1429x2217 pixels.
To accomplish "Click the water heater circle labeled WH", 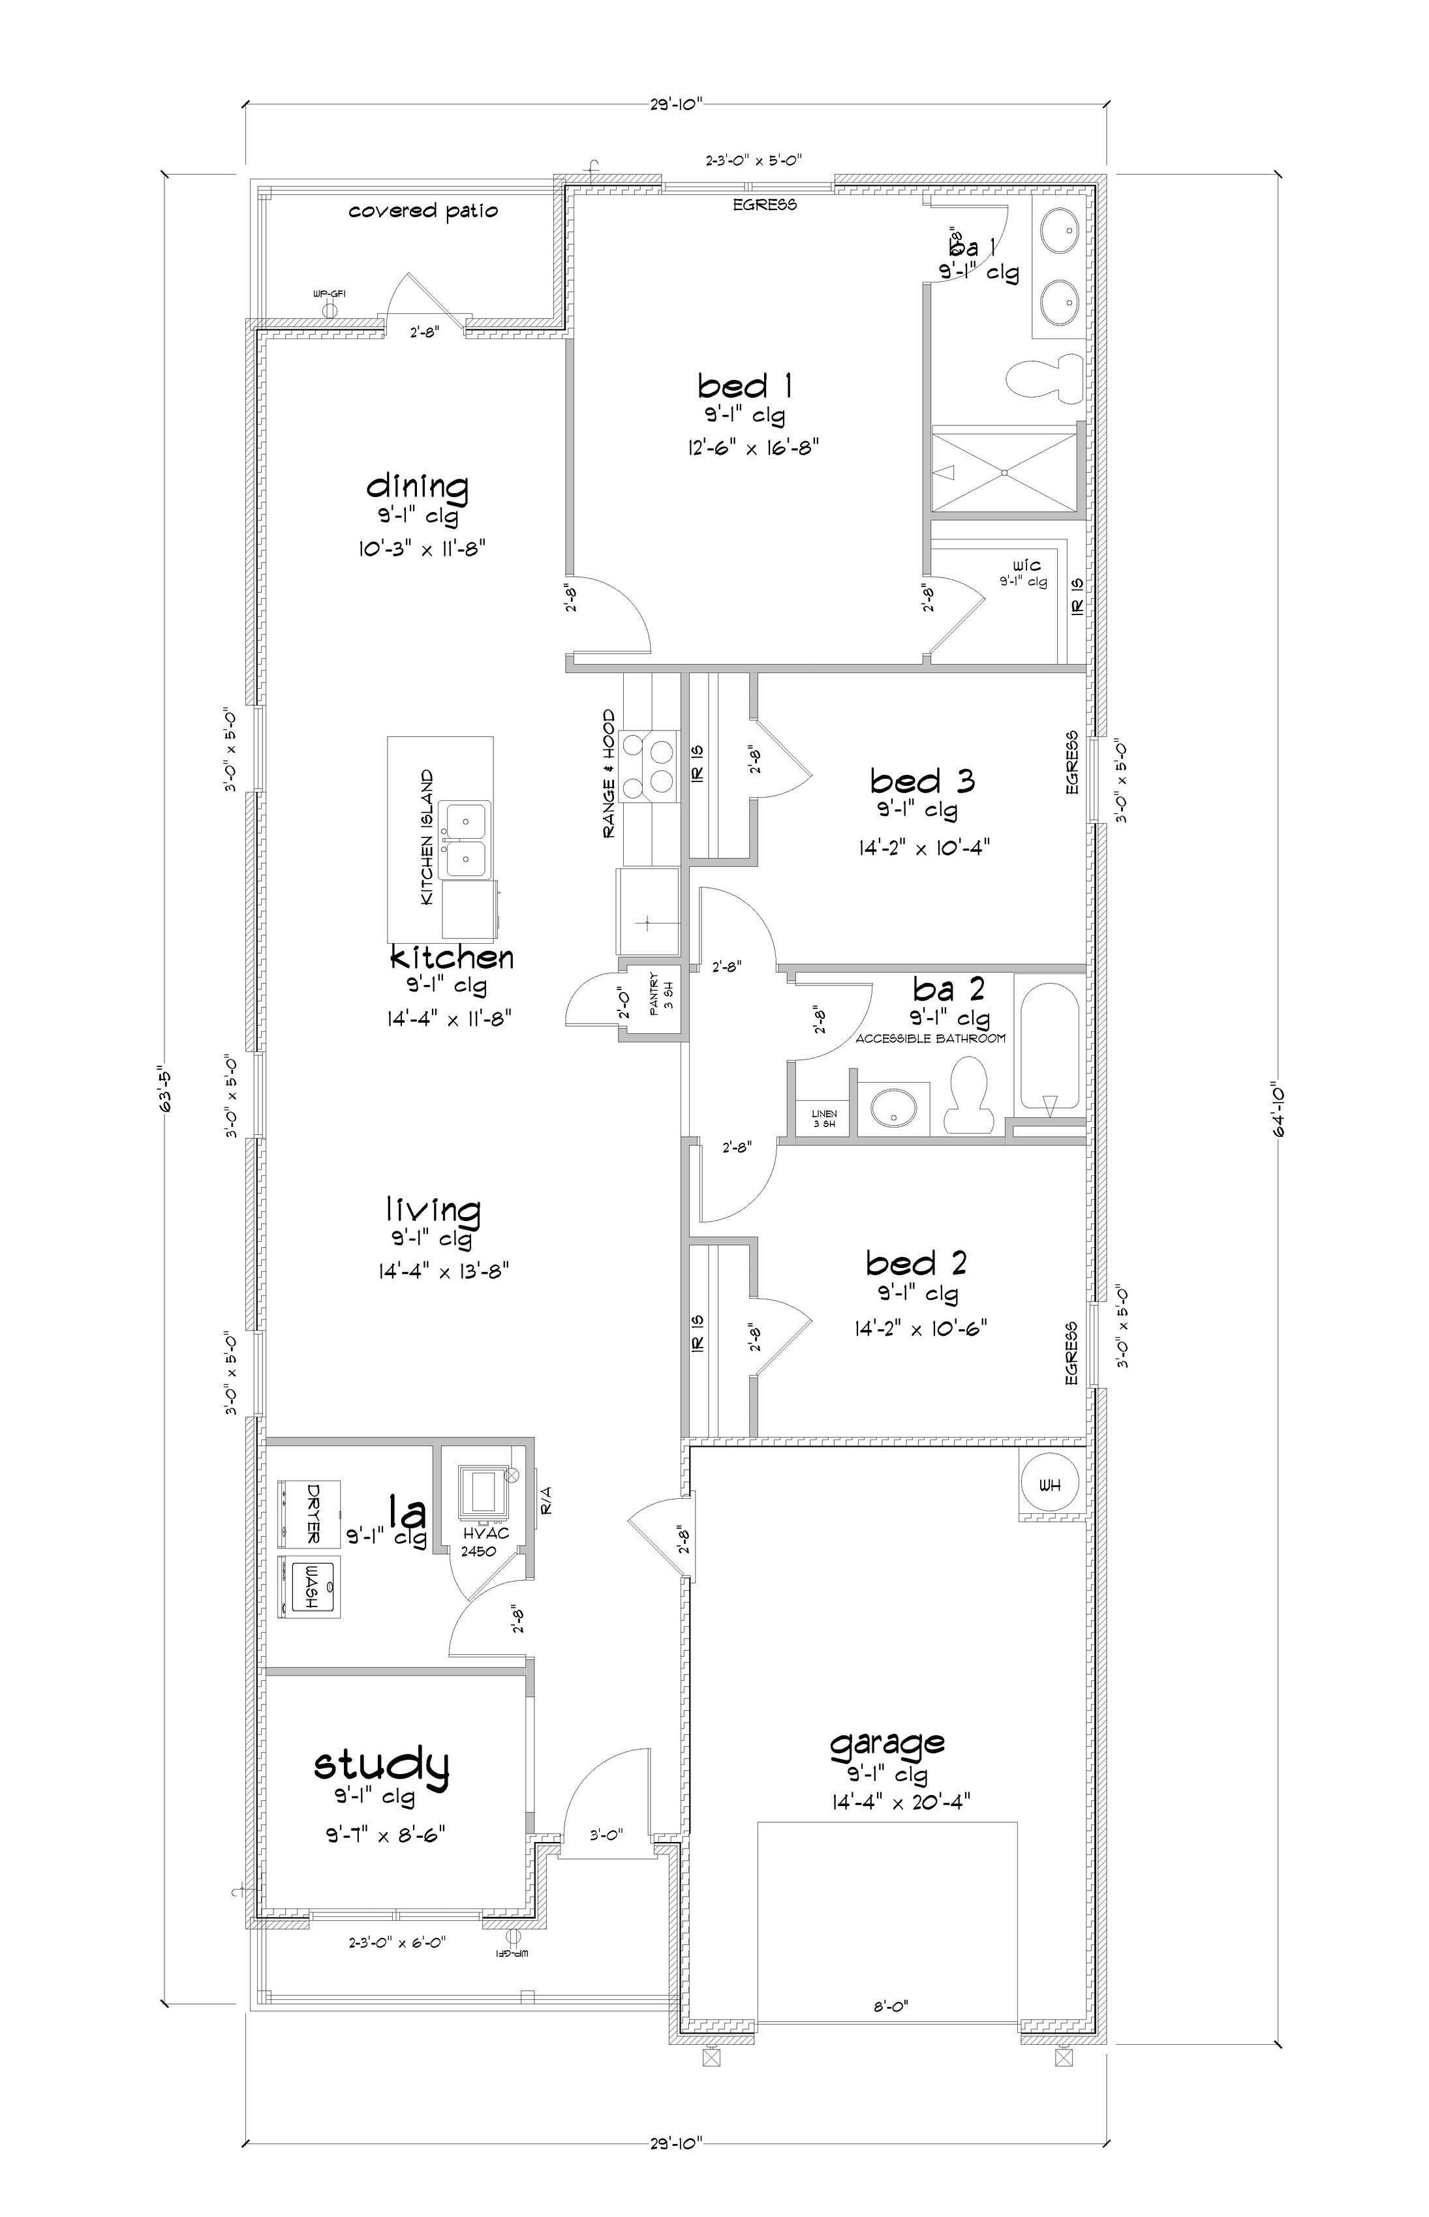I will coord(1049,1486).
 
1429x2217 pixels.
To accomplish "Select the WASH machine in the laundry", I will coord(311,1587).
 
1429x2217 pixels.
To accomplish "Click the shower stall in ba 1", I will coord(1005,470).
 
